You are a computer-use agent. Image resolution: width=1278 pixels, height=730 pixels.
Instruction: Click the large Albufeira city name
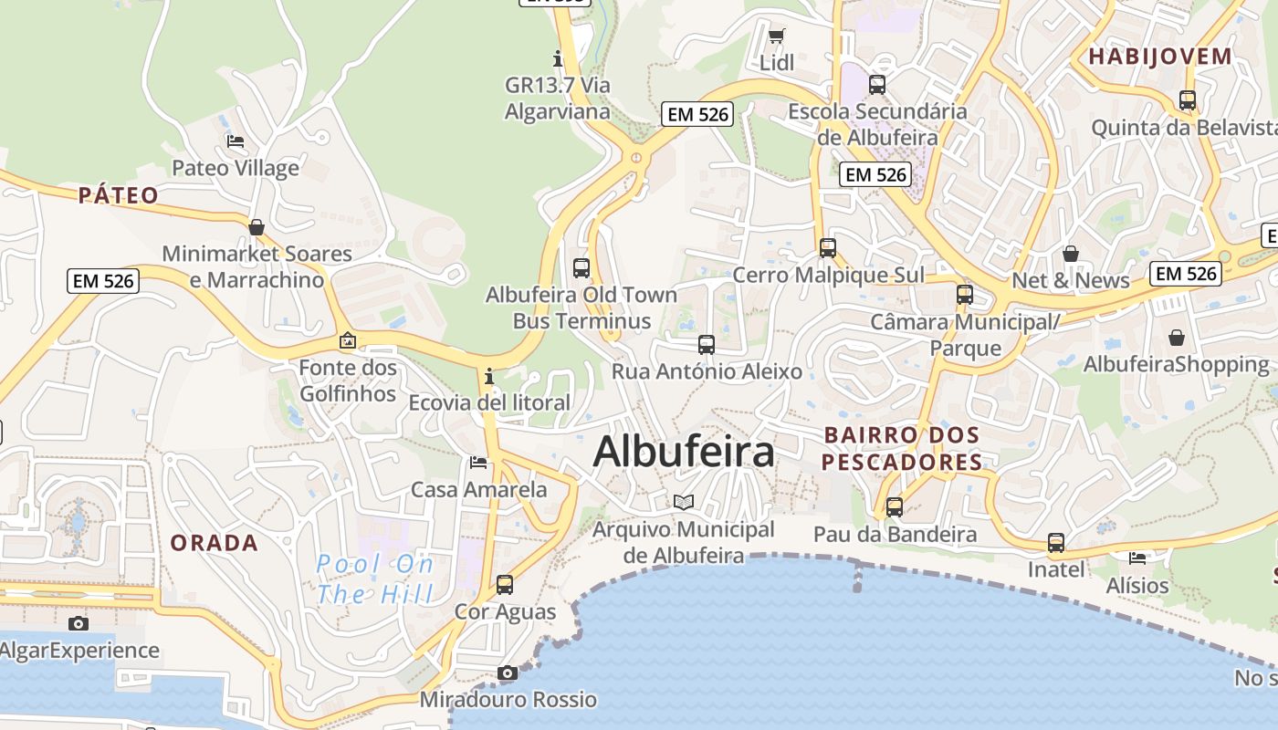(684, 452)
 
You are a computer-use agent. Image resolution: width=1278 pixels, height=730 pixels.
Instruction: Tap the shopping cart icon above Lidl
(776, 36)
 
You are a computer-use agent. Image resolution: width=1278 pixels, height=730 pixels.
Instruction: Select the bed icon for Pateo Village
(236, 141)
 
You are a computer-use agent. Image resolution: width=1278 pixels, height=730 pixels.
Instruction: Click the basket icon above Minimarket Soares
(257, 226)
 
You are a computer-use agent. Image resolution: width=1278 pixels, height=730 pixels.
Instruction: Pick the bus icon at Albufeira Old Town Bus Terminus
(581, 268)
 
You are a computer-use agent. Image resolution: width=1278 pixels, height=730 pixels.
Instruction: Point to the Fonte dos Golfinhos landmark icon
(347, 340)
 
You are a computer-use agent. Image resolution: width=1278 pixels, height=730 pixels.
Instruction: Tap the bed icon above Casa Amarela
(478, 463)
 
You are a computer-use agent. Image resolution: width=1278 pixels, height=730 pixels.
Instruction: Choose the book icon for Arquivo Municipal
(684, 502)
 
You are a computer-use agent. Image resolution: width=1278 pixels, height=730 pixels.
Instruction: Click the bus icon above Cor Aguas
(505, 585)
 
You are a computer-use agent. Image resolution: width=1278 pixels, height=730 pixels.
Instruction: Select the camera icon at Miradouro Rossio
(508, 673)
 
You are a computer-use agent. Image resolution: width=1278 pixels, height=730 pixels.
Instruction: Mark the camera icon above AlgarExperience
(79, 623)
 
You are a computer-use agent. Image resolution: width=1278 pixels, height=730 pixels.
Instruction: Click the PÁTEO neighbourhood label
(119, 195)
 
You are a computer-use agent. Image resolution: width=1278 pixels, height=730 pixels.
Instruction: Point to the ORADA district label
(215, 543)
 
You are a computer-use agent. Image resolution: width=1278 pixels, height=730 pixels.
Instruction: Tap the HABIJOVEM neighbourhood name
(1160, 57)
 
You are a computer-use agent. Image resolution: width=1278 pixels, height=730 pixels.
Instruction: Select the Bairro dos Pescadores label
(902, 448)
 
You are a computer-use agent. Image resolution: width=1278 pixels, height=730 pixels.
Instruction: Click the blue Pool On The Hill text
(375, 579)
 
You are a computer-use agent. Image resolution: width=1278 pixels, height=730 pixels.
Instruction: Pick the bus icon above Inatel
(1056, 543)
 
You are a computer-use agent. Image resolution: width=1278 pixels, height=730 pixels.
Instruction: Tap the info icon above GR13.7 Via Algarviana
(559, 59)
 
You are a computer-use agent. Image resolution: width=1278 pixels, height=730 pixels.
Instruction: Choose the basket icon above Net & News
(1071, 253)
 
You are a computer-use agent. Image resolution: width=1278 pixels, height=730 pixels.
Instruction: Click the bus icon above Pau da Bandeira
(895, 507)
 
